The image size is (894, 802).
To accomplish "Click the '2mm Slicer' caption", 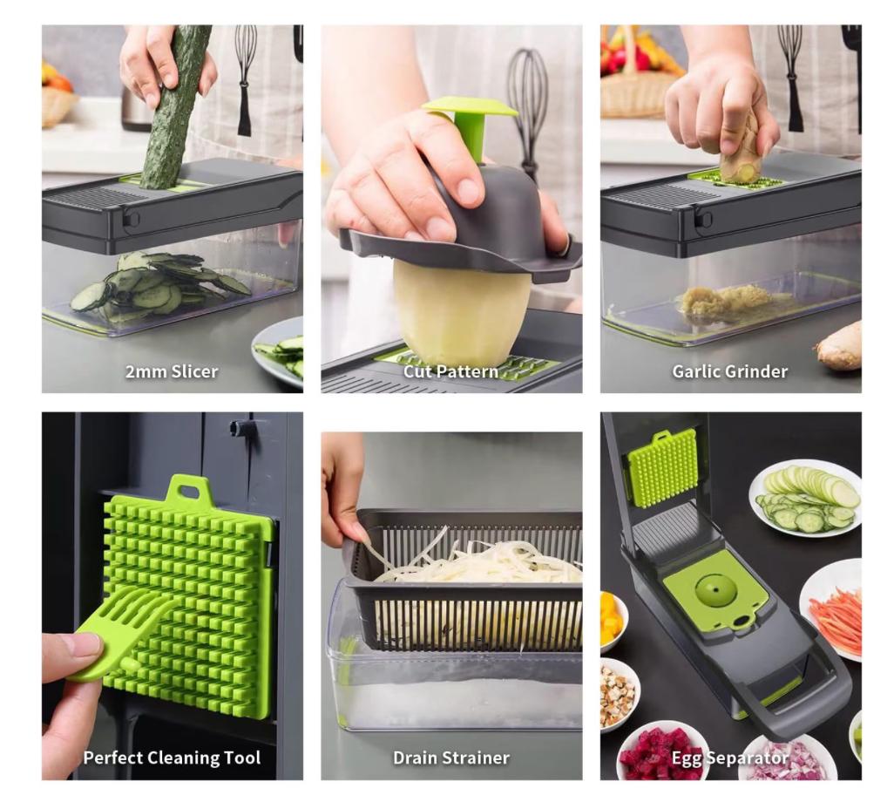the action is coord(172,372).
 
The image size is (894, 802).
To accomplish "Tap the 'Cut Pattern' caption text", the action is coord(451,372).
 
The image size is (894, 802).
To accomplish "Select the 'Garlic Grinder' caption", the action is coord(730,372).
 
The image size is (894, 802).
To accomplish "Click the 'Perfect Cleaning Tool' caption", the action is coord(172,758).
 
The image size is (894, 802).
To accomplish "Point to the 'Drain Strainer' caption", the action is coord(451,758).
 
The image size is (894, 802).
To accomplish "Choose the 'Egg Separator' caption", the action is coord(730,758).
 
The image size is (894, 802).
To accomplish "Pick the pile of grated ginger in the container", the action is coord(725,299).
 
